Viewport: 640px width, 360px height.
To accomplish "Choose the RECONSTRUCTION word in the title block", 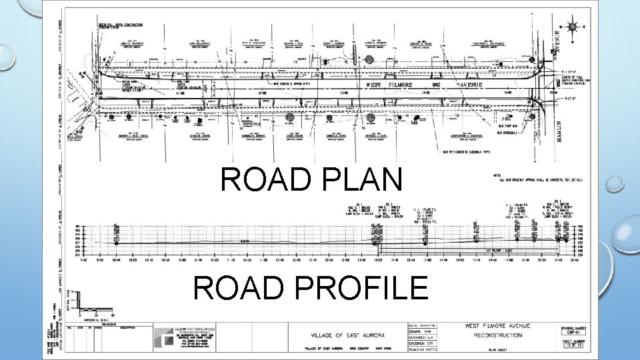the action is [x=497, y=335].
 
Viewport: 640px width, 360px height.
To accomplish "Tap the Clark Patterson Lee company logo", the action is [x=163, y=337].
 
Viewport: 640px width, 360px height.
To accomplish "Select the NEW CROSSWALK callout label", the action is [x=512, y=133].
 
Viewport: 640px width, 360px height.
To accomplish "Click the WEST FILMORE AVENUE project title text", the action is [x=497, y=325].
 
